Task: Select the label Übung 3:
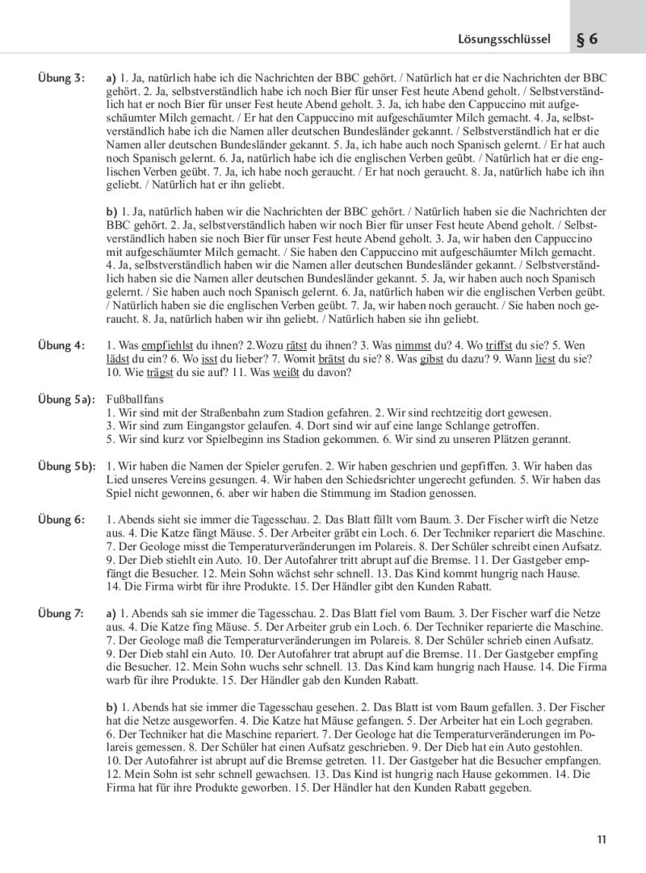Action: tap(61, 78)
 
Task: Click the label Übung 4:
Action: tap(61, 345)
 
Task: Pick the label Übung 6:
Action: tap(61, 520)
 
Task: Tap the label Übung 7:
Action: tap(61, 614)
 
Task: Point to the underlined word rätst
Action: tap(288, 345)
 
